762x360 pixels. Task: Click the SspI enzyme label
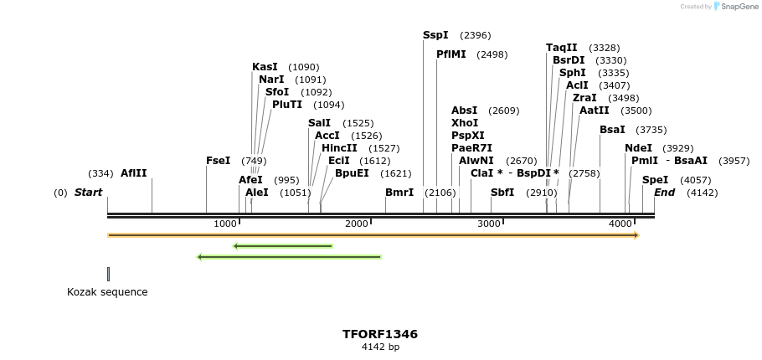[435, 35]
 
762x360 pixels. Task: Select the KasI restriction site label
[265, 67]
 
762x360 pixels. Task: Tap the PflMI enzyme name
[451, 54]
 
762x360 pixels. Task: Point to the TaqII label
[561, 48]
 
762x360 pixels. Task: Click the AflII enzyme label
[133, 173]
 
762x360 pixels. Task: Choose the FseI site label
[218, 161]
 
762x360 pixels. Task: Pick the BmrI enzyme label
[399, 193]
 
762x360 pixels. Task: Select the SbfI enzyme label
[502, 193]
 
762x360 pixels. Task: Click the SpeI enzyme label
[655, 180]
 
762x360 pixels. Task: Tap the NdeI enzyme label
[638, 148]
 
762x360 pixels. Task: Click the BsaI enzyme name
[612, 130]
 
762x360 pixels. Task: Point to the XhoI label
[465, 123]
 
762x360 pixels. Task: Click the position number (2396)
[475, 36]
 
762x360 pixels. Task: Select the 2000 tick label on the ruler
[358, 224]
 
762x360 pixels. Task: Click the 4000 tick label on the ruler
[620, 224]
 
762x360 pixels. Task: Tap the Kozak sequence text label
[107, 292]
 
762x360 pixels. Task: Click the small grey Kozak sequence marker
[108, 274]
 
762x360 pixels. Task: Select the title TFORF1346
[379, 334]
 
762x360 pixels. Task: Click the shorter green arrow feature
[283, 246]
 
